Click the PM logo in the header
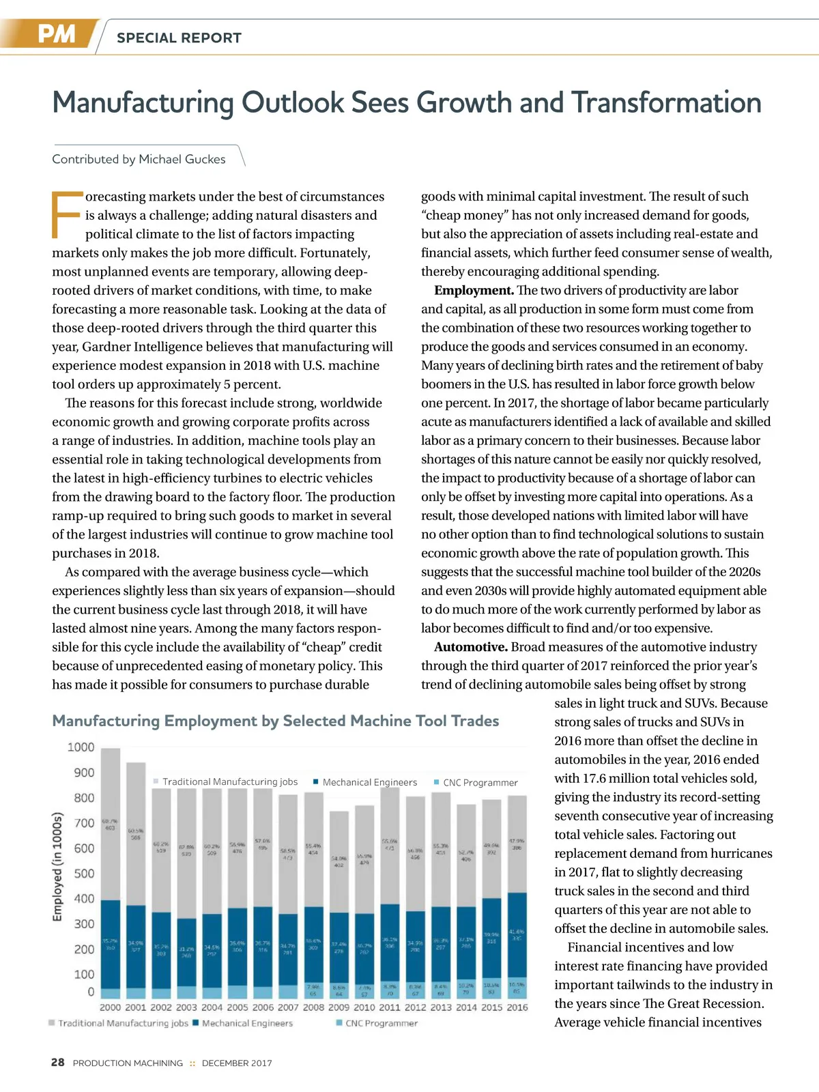tap(56, 34)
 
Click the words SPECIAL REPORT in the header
tap(179, 38)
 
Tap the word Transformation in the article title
tap(666, 103)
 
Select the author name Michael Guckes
tap(182, 159)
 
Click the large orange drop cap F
tap(66, 214)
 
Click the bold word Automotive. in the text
tap(471, 646)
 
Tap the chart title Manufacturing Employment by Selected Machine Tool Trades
tap(276, 721)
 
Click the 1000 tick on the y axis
tap(81, 747)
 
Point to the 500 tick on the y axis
tap(84, 874)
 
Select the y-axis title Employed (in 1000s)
tap(58, 866)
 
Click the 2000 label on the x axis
tap(110, 1007)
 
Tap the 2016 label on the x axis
tap(517, 1007)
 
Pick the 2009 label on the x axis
tap(339, 1007)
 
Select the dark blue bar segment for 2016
tap(517, 935)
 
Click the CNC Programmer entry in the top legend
tap(480, 782)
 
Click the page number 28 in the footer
tap(58, 1063)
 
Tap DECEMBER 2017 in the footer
tap(237, 1063)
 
